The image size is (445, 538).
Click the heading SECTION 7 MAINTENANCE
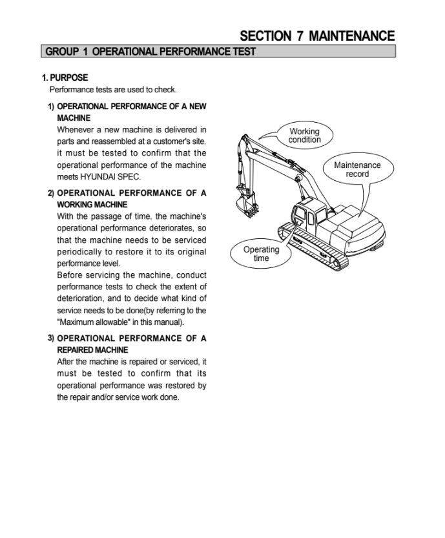tap(317, 36)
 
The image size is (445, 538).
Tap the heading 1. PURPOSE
tap(65, 78)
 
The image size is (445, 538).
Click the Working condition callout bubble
tap(304, 136)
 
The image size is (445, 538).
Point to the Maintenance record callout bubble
tap(357, 169)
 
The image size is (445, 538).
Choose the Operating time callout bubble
tap(261, 254)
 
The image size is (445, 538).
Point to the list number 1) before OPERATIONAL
tap(50, 106)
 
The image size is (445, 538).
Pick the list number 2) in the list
tap(50, 193)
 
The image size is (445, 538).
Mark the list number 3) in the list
tap(50, 338)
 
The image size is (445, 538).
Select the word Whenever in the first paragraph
tap(75, 130)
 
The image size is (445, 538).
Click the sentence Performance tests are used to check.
tap(112, 90)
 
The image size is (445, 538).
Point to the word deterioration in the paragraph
tap(80, 298)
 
